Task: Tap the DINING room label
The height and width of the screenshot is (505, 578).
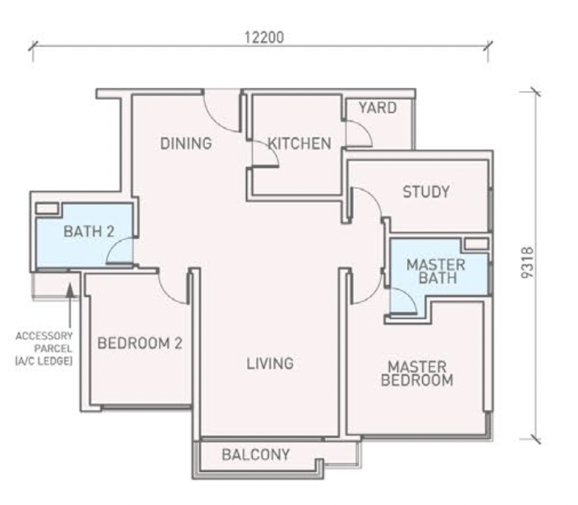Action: (x=186, y=144)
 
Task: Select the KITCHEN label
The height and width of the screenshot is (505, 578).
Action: (x=299, y=144)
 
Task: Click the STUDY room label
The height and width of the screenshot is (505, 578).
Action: (x=425, y=192)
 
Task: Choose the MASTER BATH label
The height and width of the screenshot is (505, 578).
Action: (x=436, y=272)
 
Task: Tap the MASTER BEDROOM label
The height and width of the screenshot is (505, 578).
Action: (x=417, y=373)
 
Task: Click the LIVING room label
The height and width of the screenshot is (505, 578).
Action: (x=270, y=364)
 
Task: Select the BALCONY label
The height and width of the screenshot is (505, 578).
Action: (x=255, y=454)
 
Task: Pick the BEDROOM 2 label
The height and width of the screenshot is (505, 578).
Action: (x=140, y=343)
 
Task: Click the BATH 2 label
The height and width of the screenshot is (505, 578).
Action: (x=89, y=232)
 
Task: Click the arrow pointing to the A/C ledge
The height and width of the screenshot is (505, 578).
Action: (x=70, y=298)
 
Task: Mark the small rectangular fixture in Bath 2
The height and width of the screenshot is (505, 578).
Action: (x=47, y=209)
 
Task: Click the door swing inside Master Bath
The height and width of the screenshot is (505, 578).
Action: (x=403, y=300)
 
